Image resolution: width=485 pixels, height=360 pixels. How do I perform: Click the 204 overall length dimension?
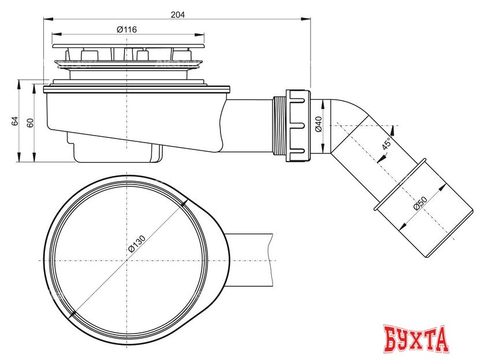pos(178,15)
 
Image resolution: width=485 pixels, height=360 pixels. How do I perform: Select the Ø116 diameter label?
pos(126,29)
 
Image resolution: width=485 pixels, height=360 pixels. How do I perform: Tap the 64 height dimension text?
pos(15,121)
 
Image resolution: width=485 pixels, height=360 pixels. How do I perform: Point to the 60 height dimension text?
pos(30,122)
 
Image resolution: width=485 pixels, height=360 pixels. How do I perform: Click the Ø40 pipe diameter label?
pos(318,125)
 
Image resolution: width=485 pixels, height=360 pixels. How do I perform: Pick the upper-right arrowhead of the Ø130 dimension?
pos(184,203)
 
